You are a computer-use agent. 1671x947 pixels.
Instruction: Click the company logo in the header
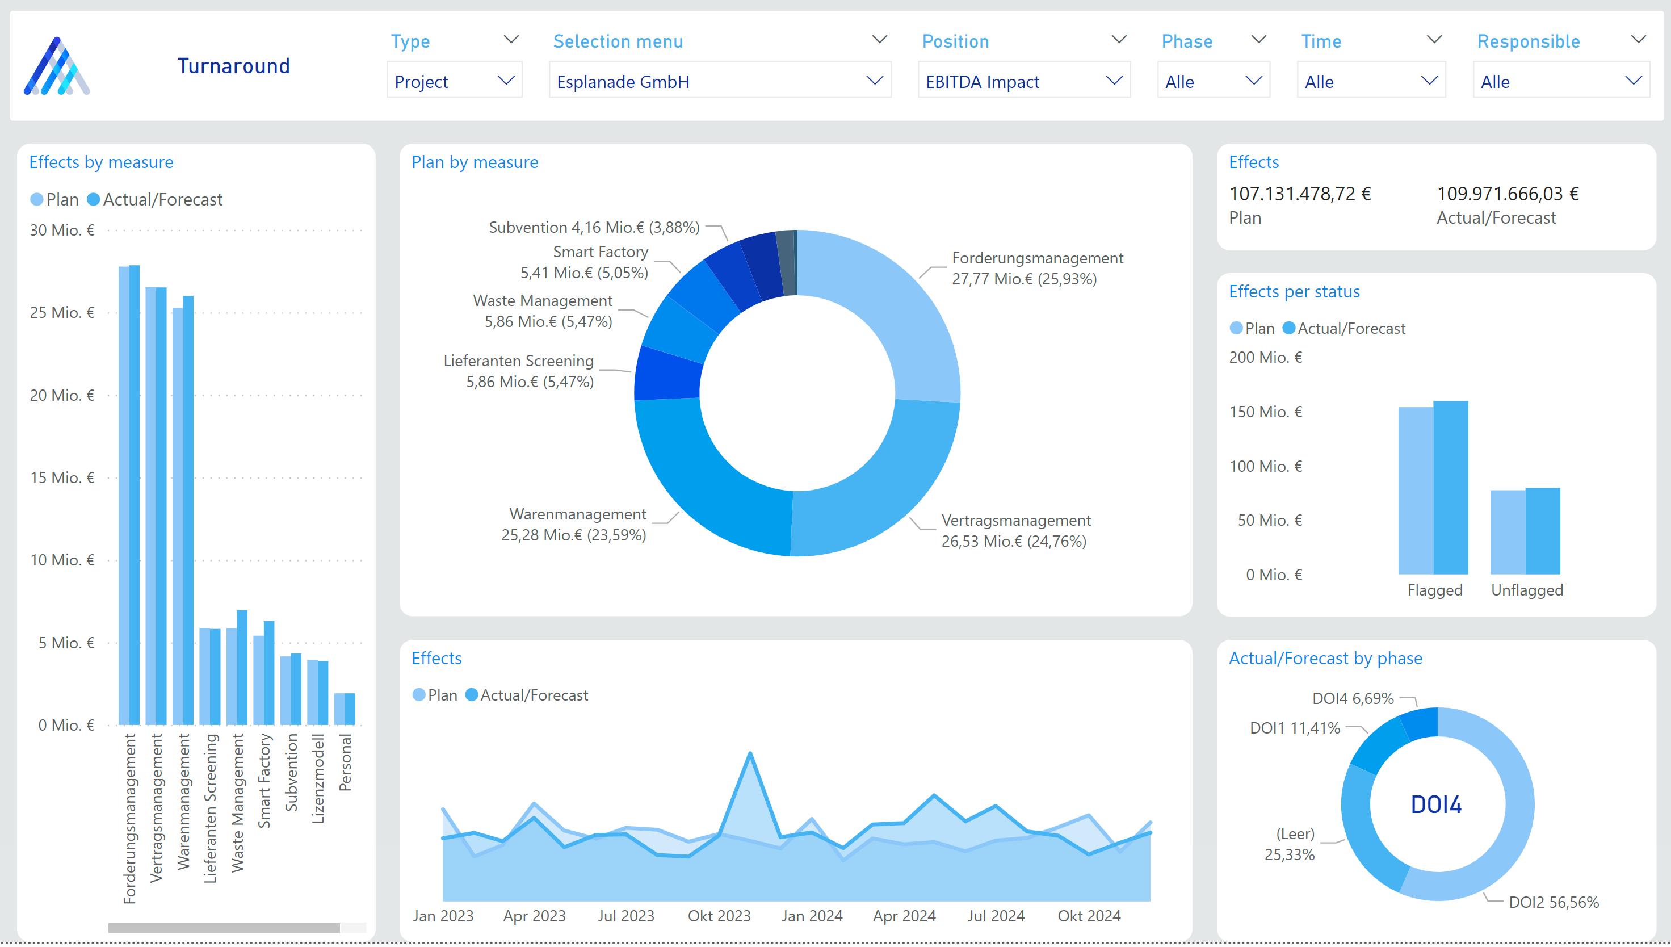(x=57, y=66)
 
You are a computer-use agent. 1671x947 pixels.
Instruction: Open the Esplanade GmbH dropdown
(x=719, y=81)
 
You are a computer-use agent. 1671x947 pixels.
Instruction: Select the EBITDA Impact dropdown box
(x=1023, y=81)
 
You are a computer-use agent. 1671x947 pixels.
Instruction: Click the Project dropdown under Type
(x=454, y=81)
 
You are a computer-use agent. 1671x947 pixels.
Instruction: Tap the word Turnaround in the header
(x=233, y=66)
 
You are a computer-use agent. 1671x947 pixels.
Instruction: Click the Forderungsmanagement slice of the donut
(x=910, y=312)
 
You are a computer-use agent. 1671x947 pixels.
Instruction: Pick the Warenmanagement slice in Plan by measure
(x=702, y=481)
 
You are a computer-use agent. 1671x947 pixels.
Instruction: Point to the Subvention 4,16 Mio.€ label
(x=594, y=227)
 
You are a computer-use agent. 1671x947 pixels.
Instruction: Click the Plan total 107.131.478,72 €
(x=1299, y=194)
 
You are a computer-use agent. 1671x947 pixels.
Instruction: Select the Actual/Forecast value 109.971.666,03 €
(x=1507, y=194)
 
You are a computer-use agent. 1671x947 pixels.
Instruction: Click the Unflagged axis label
(x=1527, y=590)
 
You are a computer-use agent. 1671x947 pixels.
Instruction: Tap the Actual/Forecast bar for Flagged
(x=1450, y=488)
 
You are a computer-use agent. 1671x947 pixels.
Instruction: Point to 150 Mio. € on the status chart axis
(x=1265, y=412)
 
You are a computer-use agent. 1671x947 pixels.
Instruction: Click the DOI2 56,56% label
(x=1554, y=902)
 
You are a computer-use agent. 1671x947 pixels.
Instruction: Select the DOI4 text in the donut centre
(x=1435, y=804)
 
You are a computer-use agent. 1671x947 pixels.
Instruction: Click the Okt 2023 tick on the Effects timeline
(x=719, y=916)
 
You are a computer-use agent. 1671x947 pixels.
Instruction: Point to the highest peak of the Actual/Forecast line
(x=750, y=755)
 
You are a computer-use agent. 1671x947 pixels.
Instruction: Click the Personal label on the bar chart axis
(x=345, y=762)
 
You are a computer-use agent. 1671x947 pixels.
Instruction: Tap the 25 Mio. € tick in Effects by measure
(x=62, y=313)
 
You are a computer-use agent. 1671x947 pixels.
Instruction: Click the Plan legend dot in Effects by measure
(x=37, y=200)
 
